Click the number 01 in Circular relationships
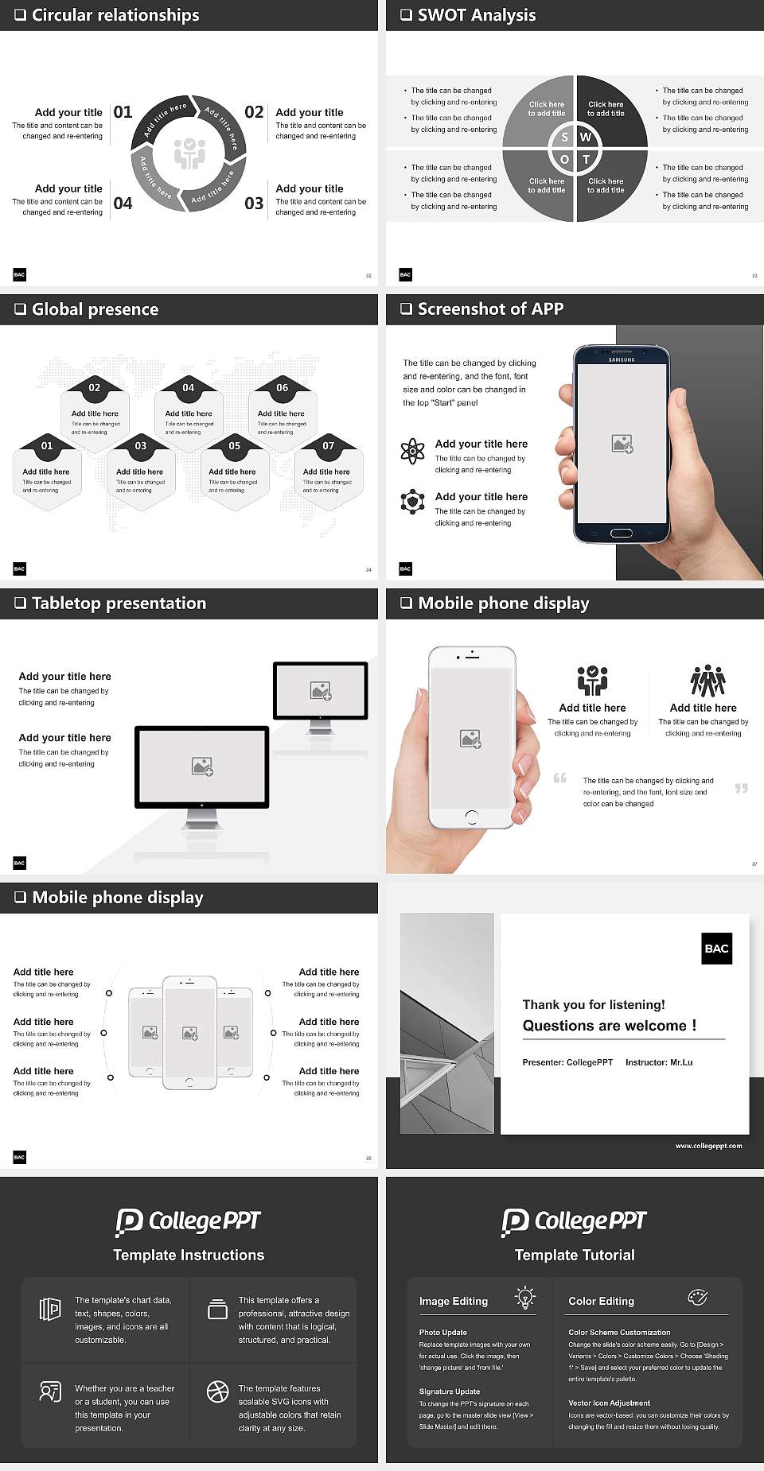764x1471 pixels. [123, 112]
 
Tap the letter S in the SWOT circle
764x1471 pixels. [565, 137]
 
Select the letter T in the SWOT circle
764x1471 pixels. [587, 159]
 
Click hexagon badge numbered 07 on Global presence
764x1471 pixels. [328, 446]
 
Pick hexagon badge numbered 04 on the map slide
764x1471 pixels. [188, 388]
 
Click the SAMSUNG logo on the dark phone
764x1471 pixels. [622, 360]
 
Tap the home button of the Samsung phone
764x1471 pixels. [621, 533]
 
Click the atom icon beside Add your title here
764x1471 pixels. [412, 451]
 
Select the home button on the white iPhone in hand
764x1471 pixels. [471, 816]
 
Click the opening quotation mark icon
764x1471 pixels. [560, 778]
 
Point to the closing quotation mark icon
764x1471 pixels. [741, 788]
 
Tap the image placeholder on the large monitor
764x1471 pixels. [202, 767]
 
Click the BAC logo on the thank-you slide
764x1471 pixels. [716, 949]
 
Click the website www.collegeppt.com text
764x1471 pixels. [708, 1146]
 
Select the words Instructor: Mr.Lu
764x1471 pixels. [659, 1062]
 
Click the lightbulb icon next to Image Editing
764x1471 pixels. [525, 1298]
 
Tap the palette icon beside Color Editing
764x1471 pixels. [697, 1298]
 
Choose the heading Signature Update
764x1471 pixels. [450, 1391]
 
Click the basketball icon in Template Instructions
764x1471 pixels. [217, 1391]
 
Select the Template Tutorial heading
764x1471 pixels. [575, 1255]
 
